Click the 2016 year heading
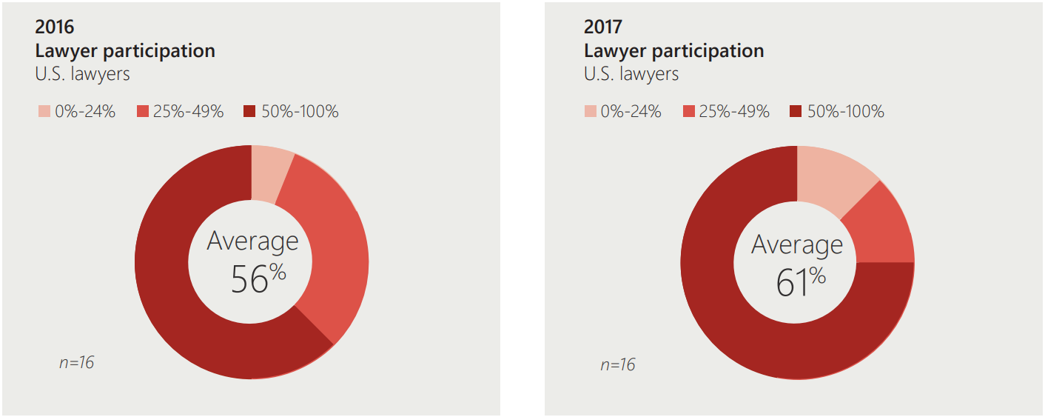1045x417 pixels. (55, 27)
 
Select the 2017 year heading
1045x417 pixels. (602, 27)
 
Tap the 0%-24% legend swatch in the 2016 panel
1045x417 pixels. (44, 112)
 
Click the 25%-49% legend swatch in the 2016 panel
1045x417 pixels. (143, 112)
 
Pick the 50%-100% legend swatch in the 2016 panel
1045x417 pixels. (249, 112)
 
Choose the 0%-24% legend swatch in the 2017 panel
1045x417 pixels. (590, 112)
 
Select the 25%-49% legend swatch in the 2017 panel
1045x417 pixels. (689, 112)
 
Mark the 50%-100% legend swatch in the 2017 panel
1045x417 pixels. (796, 112)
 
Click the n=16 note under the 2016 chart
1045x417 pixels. (76, 363)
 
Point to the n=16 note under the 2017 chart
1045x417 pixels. (617, 364)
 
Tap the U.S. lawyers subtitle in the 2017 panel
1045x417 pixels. (631, 74)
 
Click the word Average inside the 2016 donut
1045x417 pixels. (252, 241)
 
